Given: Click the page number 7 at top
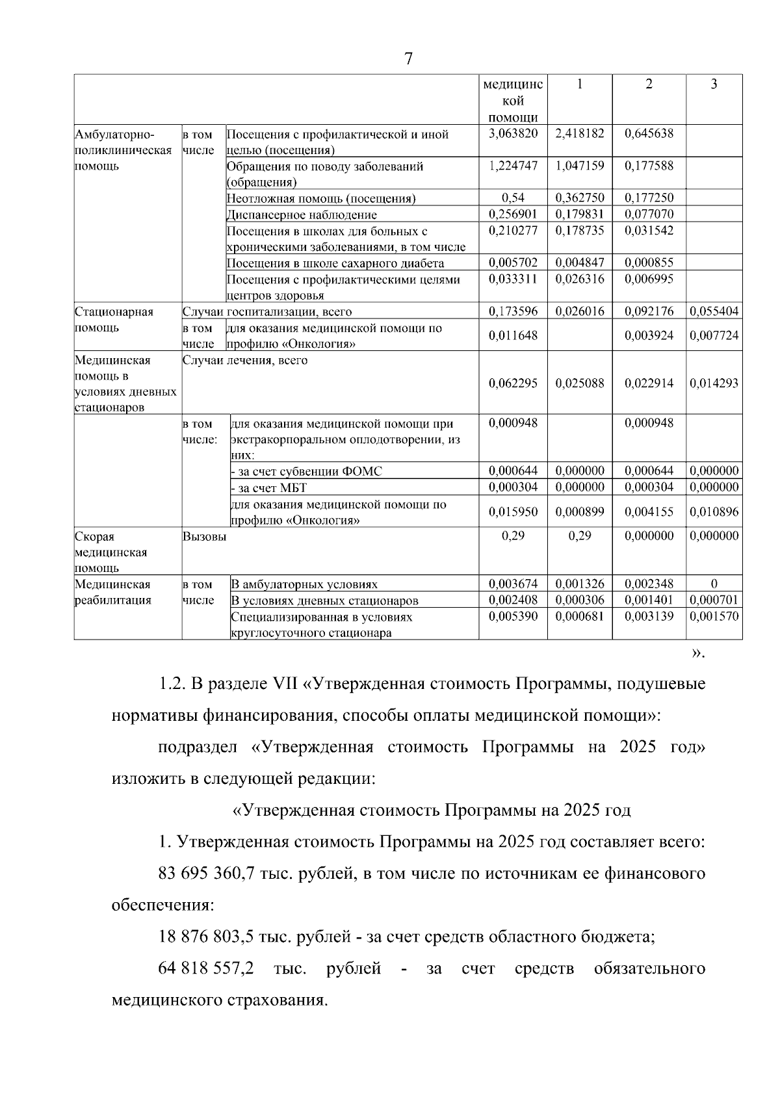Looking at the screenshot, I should pyautogui.click(x=408, y=59).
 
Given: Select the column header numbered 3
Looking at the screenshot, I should pyautogui.click(x=714, y=84).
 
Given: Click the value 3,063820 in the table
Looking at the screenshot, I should pyautogui.click(x=513, y=133).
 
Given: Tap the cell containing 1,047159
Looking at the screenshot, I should pyautogui.click(x=580, y=165).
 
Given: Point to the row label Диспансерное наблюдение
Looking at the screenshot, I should pyautogui.click(x=302, y=214).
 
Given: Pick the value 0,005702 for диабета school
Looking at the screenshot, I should pyautogui.click(x=513, y=263).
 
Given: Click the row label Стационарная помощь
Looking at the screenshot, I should pyautogui.click(x=114, y=319).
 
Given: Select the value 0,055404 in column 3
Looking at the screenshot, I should pyautogui.click(x=714, y=311).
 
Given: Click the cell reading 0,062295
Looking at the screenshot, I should pyautogui.click(x=513, y=383).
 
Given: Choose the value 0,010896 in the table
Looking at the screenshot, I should pyautogui.click(x=714, y=512).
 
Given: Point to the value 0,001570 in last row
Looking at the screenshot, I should pyautogui.click(x=714, y=616).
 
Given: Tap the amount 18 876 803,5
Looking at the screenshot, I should pyautogui.click(x=206, y=937).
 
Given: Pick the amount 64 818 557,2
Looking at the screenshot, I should pyautogui.click(x=206, y=968).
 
